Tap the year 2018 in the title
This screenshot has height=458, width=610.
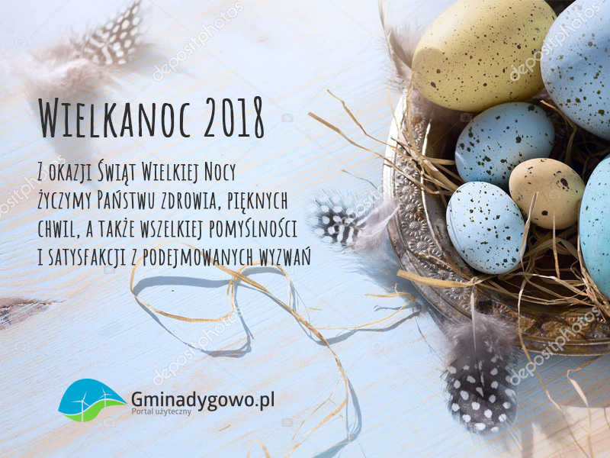[234, 118]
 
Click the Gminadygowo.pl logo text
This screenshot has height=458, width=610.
[203, 400]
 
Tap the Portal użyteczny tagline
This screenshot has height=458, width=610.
[162, 411]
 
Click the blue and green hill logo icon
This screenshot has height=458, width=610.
[91, 400]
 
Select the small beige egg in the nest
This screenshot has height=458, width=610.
[547, 193]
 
